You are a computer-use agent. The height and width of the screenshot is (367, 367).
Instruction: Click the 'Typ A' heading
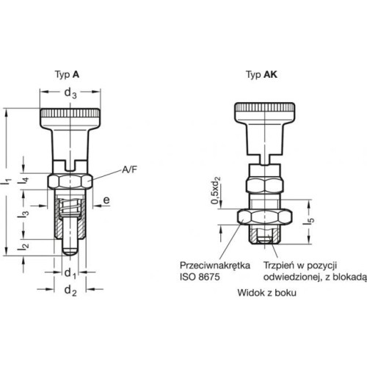[x=67, y=74]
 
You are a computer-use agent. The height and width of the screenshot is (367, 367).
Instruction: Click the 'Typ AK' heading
[x=261, y=74]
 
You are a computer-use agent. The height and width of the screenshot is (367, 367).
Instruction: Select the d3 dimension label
[x=70, y=93]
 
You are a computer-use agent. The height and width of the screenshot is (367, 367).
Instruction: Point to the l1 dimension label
[x=8, y=181]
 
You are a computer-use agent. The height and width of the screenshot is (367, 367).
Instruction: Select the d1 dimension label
[x=70, y=273]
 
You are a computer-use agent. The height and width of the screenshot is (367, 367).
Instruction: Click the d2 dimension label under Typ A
[x=70, y=291]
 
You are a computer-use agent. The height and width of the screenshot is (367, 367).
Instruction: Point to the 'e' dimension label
[x=106, y=200]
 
